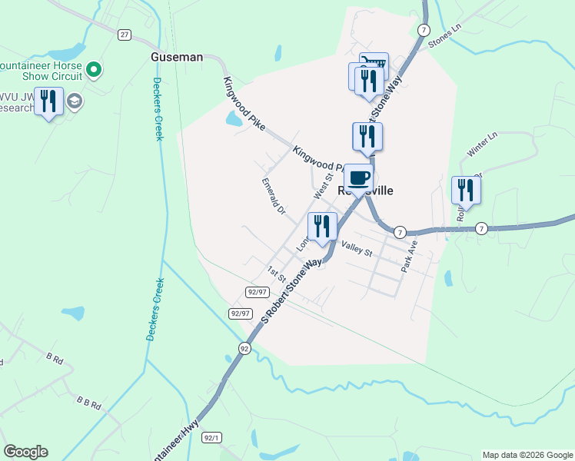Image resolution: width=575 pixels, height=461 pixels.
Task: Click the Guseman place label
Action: coord(176,57)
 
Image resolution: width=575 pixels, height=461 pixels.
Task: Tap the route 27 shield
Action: coord(125,35)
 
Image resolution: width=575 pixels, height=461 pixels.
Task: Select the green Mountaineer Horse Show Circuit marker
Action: coord(95,71)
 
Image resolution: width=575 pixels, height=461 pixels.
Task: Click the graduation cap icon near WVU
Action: coord(75,101)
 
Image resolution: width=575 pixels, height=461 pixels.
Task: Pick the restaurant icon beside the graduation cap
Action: coord(48,101)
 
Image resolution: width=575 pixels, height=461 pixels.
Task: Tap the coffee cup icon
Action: coord(358,177)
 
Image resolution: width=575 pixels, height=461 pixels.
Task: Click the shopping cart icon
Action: coord(374,64)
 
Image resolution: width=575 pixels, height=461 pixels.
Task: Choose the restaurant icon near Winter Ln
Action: coord(466,189)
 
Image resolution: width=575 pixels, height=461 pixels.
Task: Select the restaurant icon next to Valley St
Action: coord(322,225)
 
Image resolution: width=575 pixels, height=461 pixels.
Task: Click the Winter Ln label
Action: coord(484,145)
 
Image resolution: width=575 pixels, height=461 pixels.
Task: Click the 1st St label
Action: coord(276,273)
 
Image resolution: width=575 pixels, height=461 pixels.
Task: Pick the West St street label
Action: coord(323,186)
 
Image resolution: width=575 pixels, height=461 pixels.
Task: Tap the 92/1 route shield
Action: coord(212,438)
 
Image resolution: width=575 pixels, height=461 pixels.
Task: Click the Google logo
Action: coord(25,452)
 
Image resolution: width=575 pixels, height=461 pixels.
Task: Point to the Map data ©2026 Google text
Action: coord(527,455)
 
